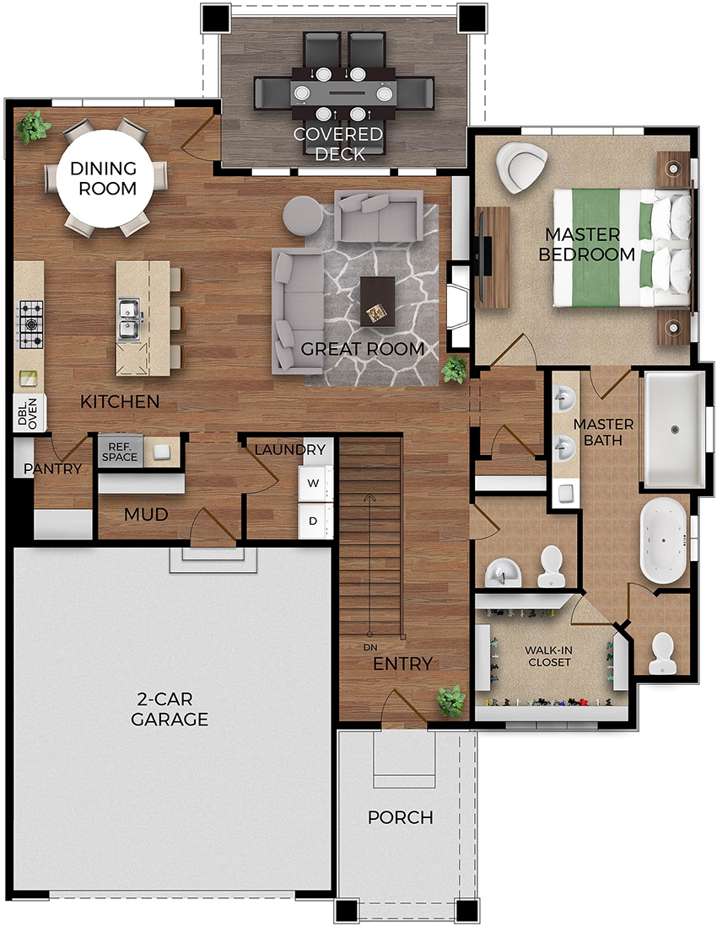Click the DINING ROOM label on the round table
click(x=103, y=178)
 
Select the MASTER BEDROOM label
click(x=588, y=244)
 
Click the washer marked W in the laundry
click(x=313, y=484)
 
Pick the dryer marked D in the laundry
click(x=313, y=521)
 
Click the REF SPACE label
click(x=119, y=452)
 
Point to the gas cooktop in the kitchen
click(x=30, y=324)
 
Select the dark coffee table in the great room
click(x=377, y=301)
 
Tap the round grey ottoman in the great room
click(x=302, y=217)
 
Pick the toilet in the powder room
click(x=551, y=565)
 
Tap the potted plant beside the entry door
click(x=450, y=700)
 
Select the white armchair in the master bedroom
click(x=520, y=167)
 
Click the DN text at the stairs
click(x=369, y=646)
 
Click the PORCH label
click(x=401, y=817)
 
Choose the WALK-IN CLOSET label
click(x=548, y=656)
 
